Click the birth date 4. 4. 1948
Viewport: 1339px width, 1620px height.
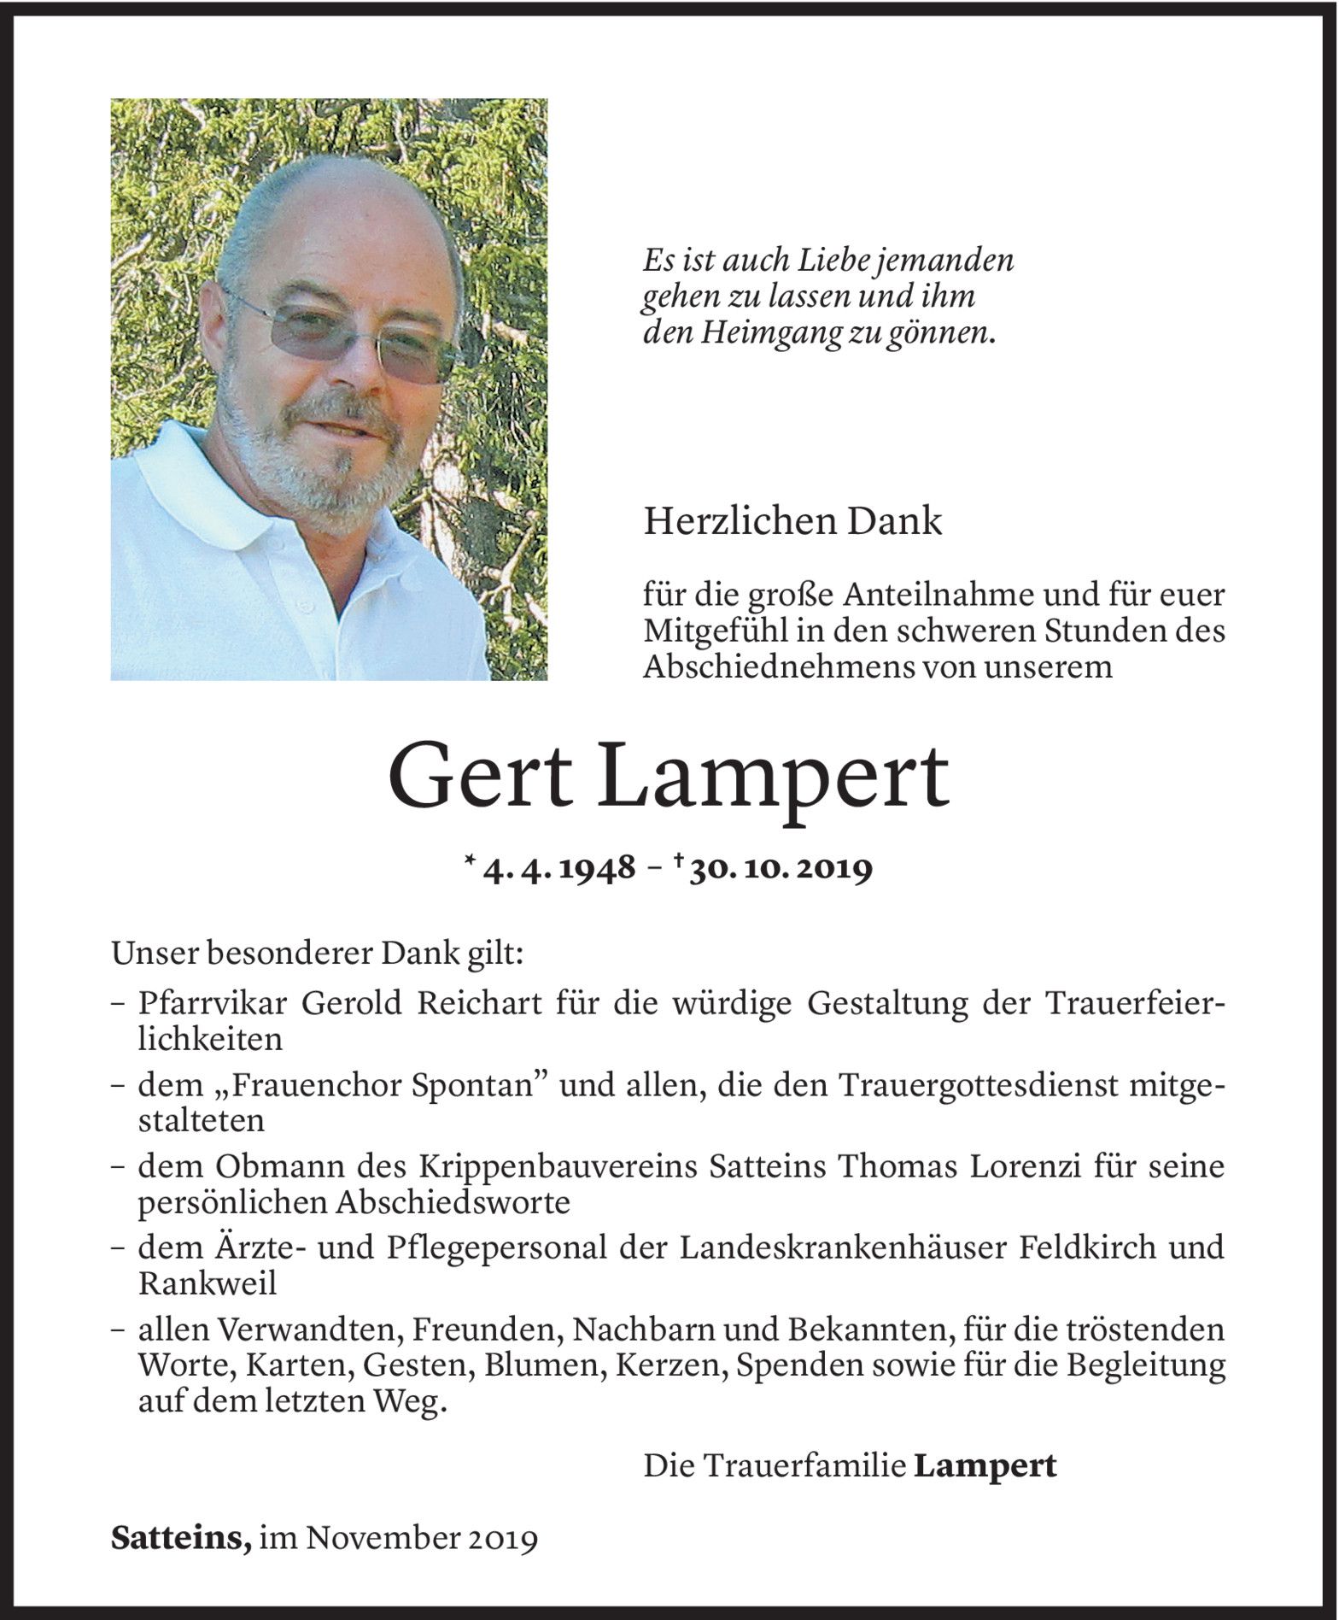point(559,869)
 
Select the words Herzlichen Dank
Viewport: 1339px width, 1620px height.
point(792,522)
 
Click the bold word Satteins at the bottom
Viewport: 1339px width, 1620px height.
point(180,1539)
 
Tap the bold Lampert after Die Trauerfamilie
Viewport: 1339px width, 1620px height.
point(985,1465)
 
